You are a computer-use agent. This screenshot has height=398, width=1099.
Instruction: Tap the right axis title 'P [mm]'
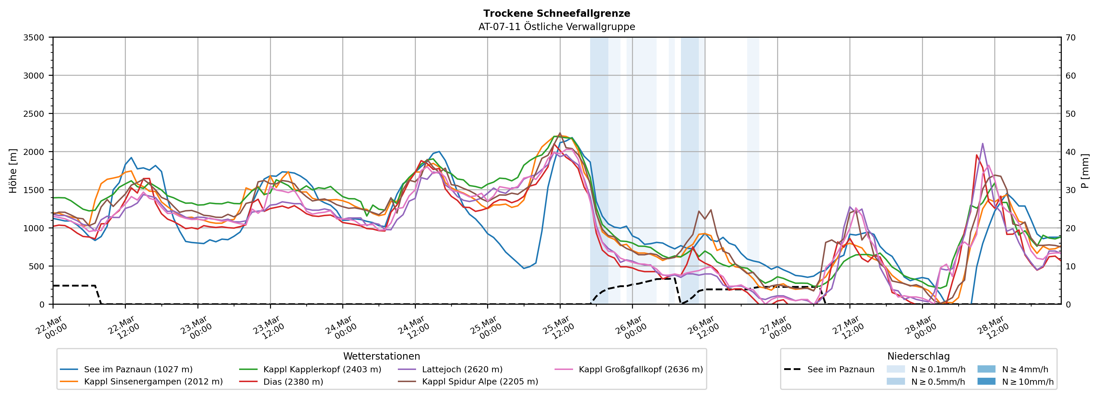click(x=1085, y=171)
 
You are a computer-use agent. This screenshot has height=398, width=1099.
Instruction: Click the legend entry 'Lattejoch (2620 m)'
click(x=462, y=369)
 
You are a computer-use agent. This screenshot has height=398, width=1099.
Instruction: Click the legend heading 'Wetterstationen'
click(x=381, y=356)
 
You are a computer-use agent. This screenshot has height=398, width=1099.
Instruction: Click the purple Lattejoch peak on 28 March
click(x=982, y=144)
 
